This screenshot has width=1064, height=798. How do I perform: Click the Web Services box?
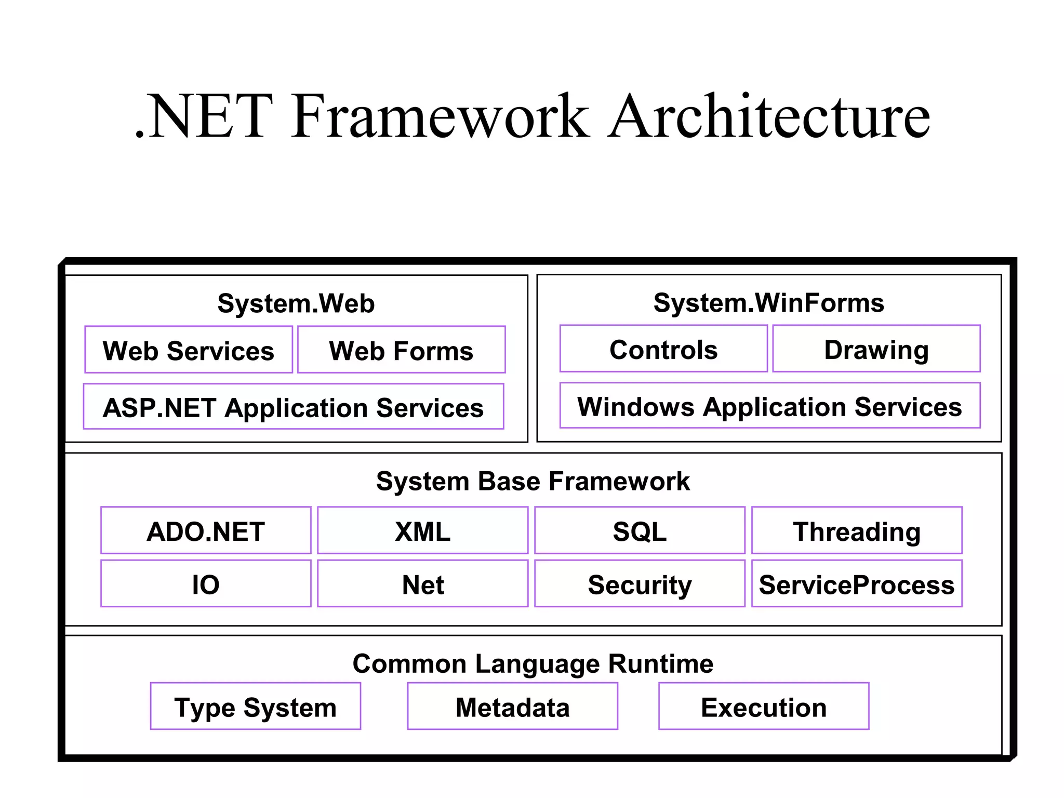pyautogui.click(x=189, y=350)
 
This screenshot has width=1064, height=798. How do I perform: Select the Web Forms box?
pyautogui.click(x=401, y=350)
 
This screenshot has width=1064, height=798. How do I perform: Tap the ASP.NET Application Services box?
pyautogui.click(x=294, y=407)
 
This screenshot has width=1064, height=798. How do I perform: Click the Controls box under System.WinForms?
pyautogui.click(x=663, y=349)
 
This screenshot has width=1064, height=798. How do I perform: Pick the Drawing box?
pyautogui.click(x=876, y=349)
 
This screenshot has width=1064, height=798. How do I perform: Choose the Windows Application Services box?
pyautogui.click(x=770, y=406)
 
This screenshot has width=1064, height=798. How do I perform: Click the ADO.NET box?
pyautogui.click(x=206, y=530)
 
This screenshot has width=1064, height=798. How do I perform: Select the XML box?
pyautogui.click(x=423, y=530)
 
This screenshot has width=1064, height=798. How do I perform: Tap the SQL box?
pyautogui.click(x=640, y=530)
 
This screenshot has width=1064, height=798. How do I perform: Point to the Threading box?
pyautogui.click(x=857, y=530)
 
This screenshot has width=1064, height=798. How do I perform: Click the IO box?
pyautogui.click(x=206, y=583)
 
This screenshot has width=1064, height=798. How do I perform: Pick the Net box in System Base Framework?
pyautogui.click(x=423, y=583)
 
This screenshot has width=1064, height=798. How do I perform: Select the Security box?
pyautogui.click(x=640, y=583)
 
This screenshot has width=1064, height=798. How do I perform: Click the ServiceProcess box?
pyautogui.click(x=857, y=583)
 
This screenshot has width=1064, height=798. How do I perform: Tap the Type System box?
pyautogui.click(x=256, y=707)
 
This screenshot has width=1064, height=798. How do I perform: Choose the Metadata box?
pyautogui.click(x=513, y=707)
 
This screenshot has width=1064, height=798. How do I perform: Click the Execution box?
pyautogui.click(x=764, y=707)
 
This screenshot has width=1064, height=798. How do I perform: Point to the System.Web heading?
pyautogui.click(x=296, y=303)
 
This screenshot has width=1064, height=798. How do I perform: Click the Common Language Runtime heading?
pyautogui.click(x=533, y=663)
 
